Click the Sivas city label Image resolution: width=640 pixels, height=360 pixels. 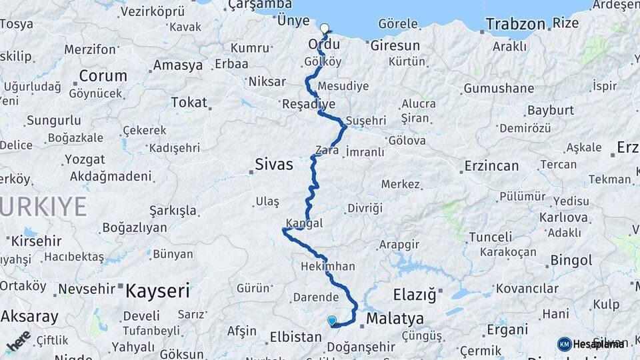coord(274,164)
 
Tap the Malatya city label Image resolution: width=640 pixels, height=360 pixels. coord(395,318)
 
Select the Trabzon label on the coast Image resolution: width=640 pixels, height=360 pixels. coord(515,25)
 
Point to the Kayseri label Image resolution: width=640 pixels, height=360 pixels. coord(158,291)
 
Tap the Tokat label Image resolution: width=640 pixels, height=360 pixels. coord(189,102)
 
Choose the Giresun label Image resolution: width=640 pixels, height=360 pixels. coord(395,46)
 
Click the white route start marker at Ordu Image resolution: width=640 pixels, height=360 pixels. coord(325,29)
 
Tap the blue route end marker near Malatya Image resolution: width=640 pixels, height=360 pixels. coord(332,321)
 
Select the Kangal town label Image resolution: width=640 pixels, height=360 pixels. coord(304,223)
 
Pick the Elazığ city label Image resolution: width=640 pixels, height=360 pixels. coord(413,293)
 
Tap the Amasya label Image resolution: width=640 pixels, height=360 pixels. coord(178,65)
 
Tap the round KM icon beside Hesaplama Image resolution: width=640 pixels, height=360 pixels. coord(564,344)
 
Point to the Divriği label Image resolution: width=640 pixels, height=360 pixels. coord(365,209)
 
